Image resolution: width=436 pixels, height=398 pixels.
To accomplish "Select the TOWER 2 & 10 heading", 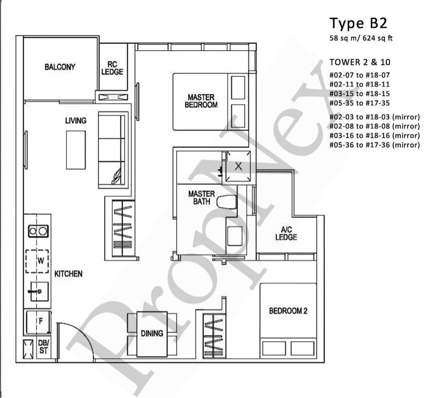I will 359,63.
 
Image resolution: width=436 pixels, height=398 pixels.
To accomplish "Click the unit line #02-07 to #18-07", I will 360,75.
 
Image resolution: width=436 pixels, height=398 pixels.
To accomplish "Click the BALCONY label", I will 60,68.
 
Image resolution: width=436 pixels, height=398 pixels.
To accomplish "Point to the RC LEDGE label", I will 112,68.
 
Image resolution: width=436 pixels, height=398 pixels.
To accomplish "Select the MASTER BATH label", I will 201,198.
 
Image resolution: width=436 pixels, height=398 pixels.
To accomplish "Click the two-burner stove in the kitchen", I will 38,230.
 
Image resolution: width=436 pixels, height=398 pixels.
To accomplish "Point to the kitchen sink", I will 39,292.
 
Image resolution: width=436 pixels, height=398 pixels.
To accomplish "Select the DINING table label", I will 152,333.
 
